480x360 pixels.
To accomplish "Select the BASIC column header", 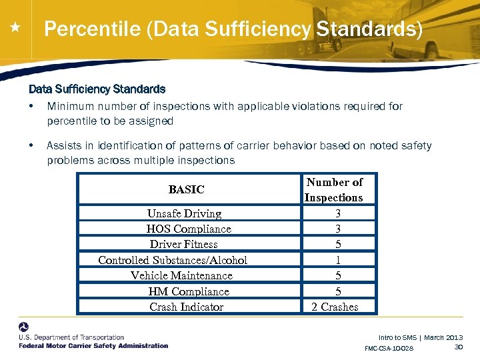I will (x=187, y=189).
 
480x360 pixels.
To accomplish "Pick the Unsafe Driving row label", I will (x=184, y=213).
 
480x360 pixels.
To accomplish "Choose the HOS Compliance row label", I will (x=189, y=229).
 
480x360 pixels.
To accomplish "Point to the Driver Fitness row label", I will (x=184, y=244).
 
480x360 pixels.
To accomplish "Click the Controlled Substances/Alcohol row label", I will (x=173, y=260).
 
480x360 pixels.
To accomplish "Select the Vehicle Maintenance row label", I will (x=181, y=275).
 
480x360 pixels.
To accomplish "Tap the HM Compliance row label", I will (x=189, y=291).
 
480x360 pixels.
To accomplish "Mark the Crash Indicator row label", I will (x=187, y=307).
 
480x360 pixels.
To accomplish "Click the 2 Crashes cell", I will (x=335, y=307).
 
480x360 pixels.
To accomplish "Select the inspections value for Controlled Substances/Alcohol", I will (x=338, y=260).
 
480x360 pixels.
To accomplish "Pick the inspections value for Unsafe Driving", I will (x=338, y=213).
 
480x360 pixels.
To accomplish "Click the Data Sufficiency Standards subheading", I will (x=97, y=89).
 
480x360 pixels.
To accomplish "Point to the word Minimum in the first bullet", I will (x=70, y=106).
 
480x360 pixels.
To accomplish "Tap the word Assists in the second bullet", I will (x=64, y=145).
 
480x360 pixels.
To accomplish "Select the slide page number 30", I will (x=458, y=347).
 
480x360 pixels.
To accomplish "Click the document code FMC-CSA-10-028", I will (x=389, y=349).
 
